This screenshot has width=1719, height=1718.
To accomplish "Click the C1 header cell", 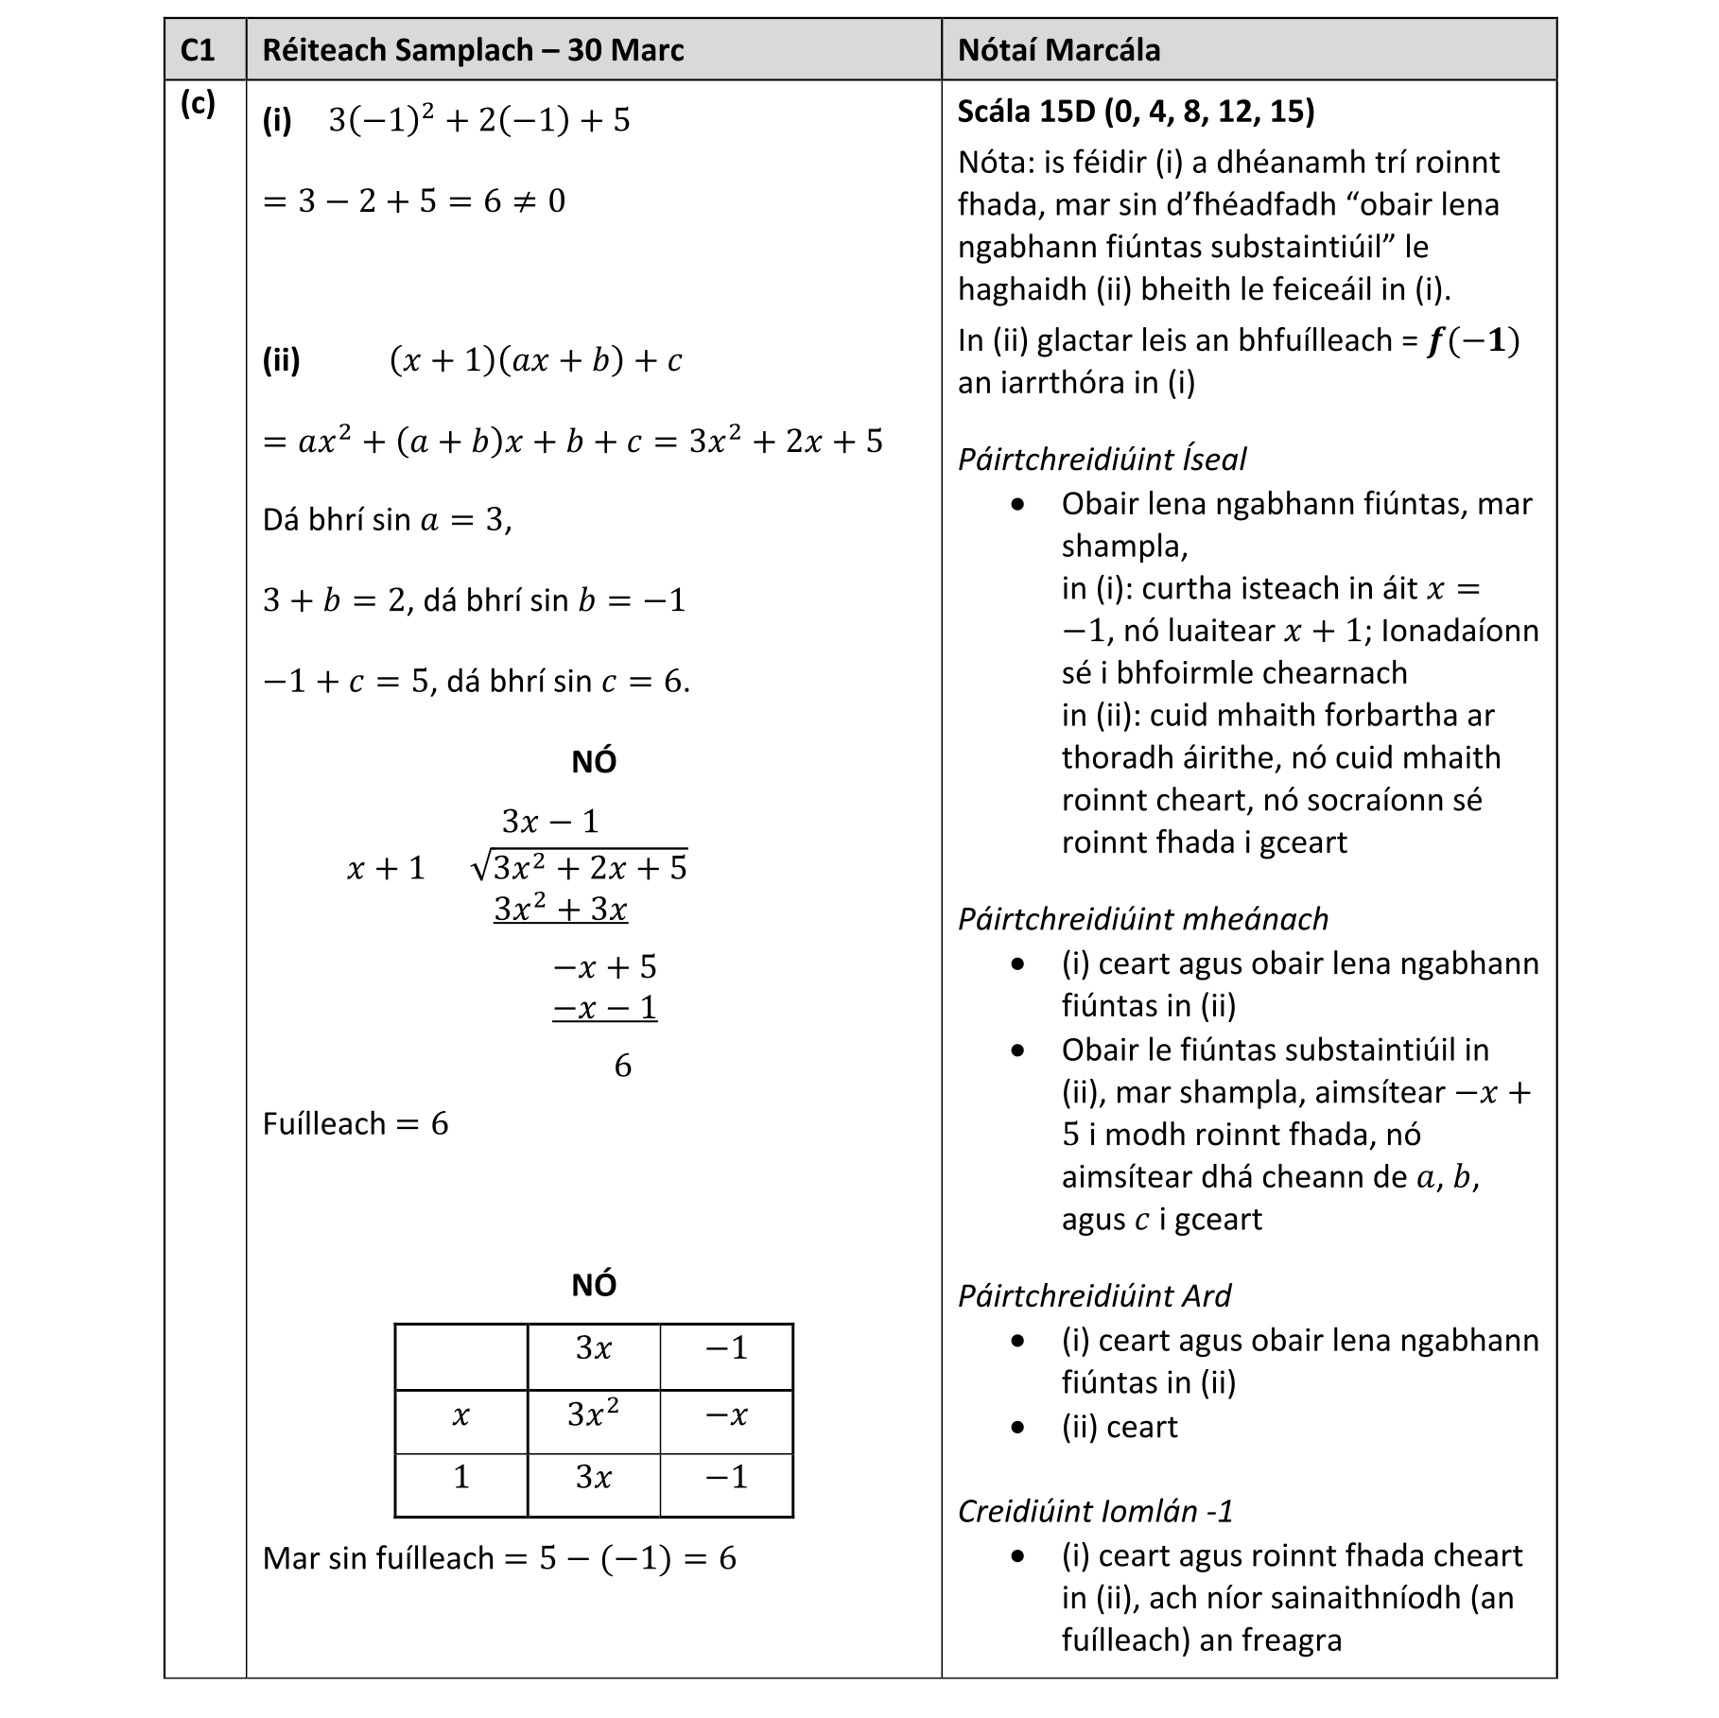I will tap(199, 50).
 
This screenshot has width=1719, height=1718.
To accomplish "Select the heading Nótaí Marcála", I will tap(1058, 50).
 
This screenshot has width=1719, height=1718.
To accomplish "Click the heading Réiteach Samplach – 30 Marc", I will tap(473, 50).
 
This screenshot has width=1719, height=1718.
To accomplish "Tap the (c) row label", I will tap(198, 103).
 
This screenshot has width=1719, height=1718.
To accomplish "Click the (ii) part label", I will tap(281, 360).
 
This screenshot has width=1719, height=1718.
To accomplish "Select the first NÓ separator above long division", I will tap(594, 762).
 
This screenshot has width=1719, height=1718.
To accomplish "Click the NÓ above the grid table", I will tap(594, 1285).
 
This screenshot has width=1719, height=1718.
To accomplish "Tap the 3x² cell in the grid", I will tap(593, 1415).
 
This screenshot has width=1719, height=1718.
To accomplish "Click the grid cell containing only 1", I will tap(460, 1477).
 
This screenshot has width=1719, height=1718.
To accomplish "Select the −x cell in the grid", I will tap(726, 1415).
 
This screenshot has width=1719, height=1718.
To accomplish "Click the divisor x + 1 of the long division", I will tap(386, 869).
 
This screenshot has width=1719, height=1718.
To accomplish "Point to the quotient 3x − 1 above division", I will tap(550, 821).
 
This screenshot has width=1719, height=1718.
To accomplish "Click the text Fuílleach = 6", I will tap(355, 1124).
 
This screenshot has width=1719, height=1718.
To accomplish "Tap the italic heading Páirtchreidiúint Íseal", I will tap(1102, 460).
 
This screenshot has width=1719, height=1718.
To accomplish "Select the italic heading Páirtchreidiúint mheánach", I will tap(1142, 919).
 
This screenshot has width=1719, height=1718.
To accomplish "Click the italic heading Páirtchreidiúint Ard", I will tap(1094, 1296).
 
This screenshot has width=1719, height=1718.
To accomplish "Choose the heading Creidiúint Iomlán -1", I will tap(1095, 1512).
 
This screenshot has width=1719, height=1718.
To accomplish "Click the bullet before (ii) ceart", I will tap(1017, 1427).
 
